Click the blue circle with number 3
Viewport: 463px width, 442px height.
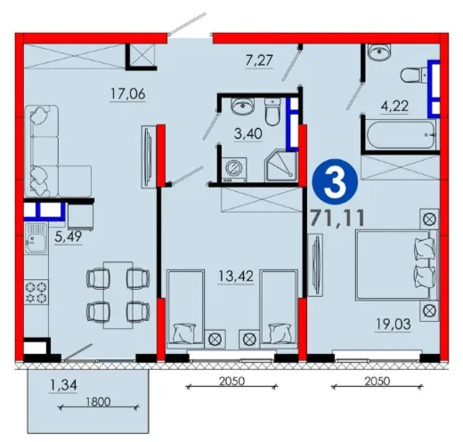335,181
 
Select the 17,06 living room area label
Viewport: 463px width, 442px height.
128,93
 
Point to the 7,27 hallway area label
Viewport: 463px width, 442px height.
259,60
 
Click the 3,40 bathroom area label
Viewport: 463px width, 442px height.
248,133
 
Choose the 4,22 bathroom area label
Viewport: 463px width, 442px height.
394,106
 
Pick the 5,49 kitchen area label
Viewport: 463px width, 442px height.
69,237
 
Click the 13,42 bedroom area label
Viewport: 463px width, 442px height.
236,277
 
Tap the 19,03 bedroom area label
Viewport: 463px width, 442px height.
394,324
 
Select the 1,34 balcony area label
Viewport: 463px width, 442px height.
63,385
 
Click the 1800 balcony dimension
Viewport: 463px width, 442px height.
98,402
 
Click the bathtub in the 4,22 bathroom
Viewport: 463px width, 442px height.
401,135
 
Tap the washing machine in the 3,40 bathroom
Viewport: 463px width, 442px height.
234,170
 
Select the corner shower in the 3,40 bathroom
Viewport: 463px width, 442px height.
281,165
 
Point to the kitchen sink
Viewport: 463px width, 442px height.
37,238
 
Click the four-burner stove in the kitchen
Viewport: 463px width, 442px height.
37,293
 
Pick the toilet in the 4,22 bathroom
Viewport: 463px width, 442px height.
414,75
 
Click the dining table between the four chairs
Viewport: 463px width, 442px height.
118,295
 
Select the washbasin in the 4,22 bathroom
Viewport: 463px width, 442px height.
379,51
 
